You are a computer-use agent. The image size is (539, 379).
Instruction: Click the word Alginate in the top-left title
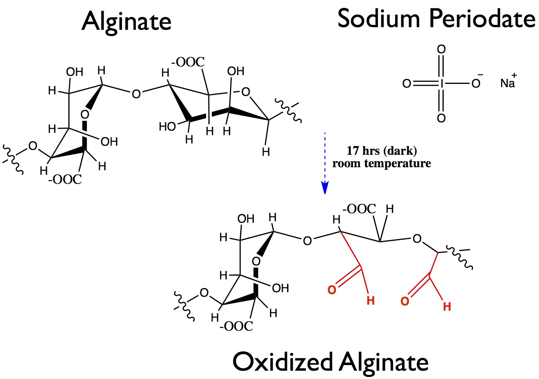click(126, 21)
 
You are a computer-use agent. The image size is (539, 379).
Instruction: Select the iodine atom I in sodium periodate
click(441, 83)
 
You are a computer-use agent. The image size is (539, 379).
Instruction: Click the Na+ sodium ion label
click(507, 83)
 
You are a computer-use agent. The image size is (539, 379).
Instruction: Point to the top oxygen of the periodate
click(441, 49)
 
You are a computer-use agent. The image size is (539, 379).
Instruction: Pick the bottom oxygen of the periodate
click(441, 118)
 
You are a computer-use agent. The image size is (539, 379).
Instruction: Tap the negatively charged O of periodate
click(476, 83)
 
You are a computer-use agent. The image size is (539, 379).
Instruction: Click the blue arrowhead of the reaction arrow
click(325, 188)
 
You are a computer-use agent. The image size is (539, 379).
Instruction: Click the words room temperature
click(381, 163)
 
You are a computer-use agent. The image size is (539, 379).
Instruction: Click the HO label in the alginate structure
click(167, 126)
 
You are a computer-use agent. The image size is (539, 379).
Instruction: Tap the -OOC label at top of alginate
click(188, 62)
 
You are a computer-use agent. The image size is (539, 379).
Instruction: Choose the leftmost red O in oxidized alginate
click(332, 290)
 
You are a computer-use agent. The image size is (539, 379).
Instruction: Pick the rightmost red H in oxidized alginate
click(447, 307)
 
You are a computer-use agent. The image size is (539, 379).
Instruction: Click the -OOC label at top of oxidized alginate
click(359, 209)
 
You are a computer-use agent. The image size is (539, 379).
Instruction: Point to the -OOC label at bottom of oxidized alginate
click(236, 326)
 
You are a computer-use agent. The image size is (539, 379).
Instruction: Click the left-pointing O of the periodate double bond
click(407, 83)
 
